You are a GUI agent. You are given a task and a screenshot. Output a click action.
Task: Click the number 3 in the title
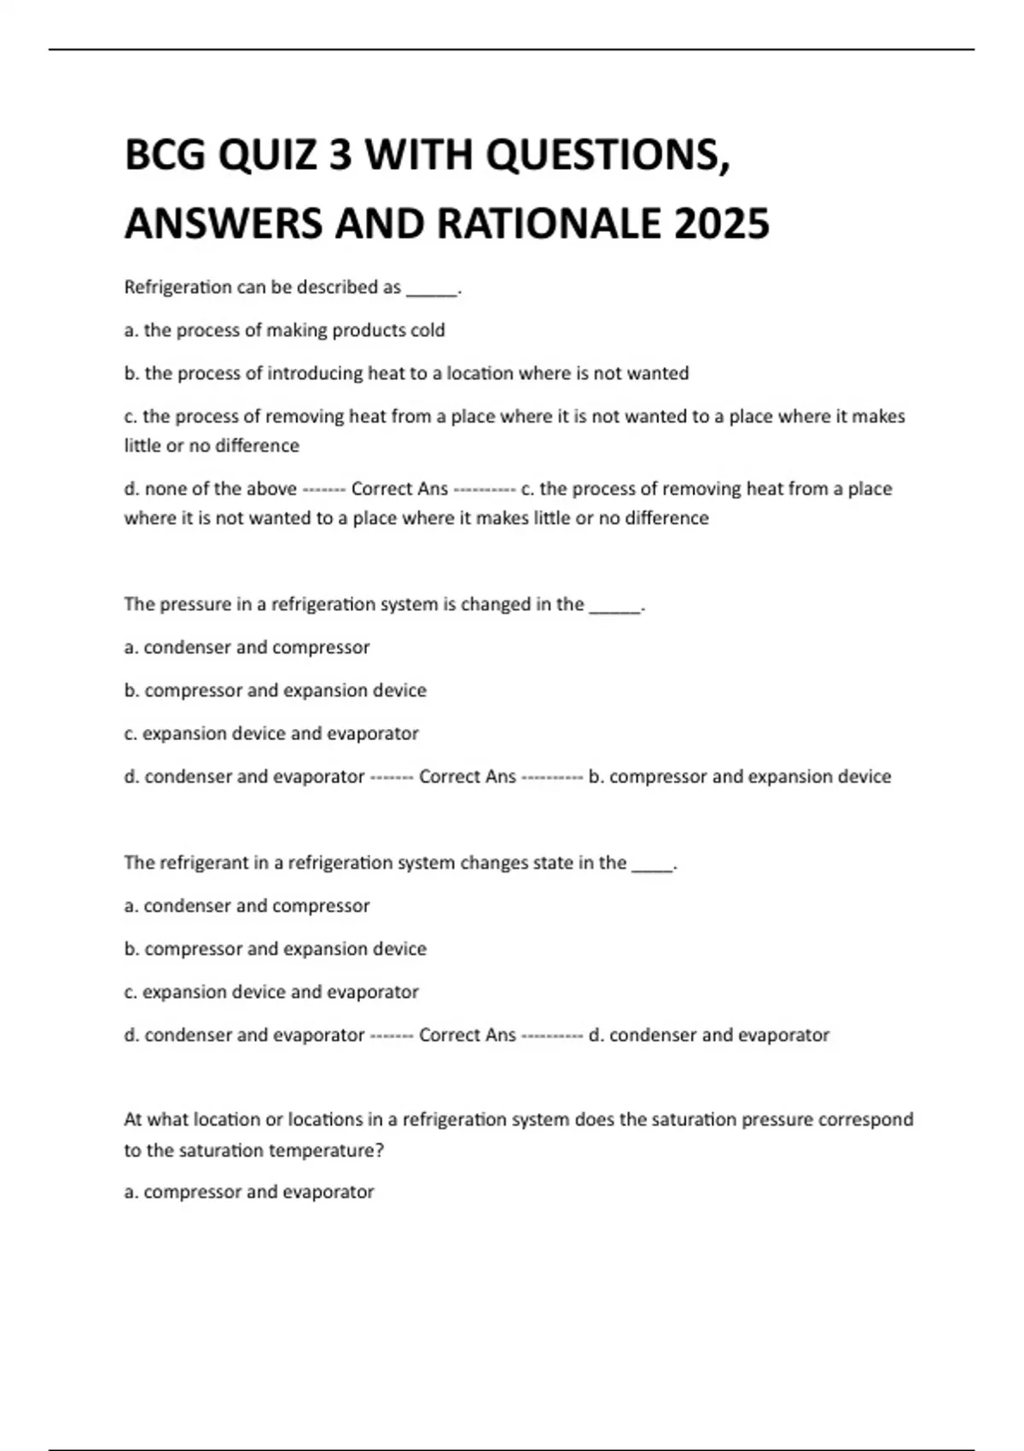tap(340, 155)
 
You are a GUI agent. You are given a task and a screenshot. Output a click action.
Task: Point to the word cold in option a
tap(428, 330)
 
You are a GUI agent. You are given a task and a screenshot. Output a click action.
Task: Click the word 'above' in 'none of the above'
tap(271, 489)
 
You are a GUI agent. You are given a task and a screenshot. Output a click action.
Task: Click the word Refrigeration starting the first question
tap(177, 288)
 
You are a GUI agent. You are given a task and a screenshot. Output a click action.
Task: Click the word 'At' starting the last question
tap(133, 1119)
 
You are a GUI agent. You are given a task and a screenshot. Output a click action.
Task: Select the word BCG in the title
tap(165, 155)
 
